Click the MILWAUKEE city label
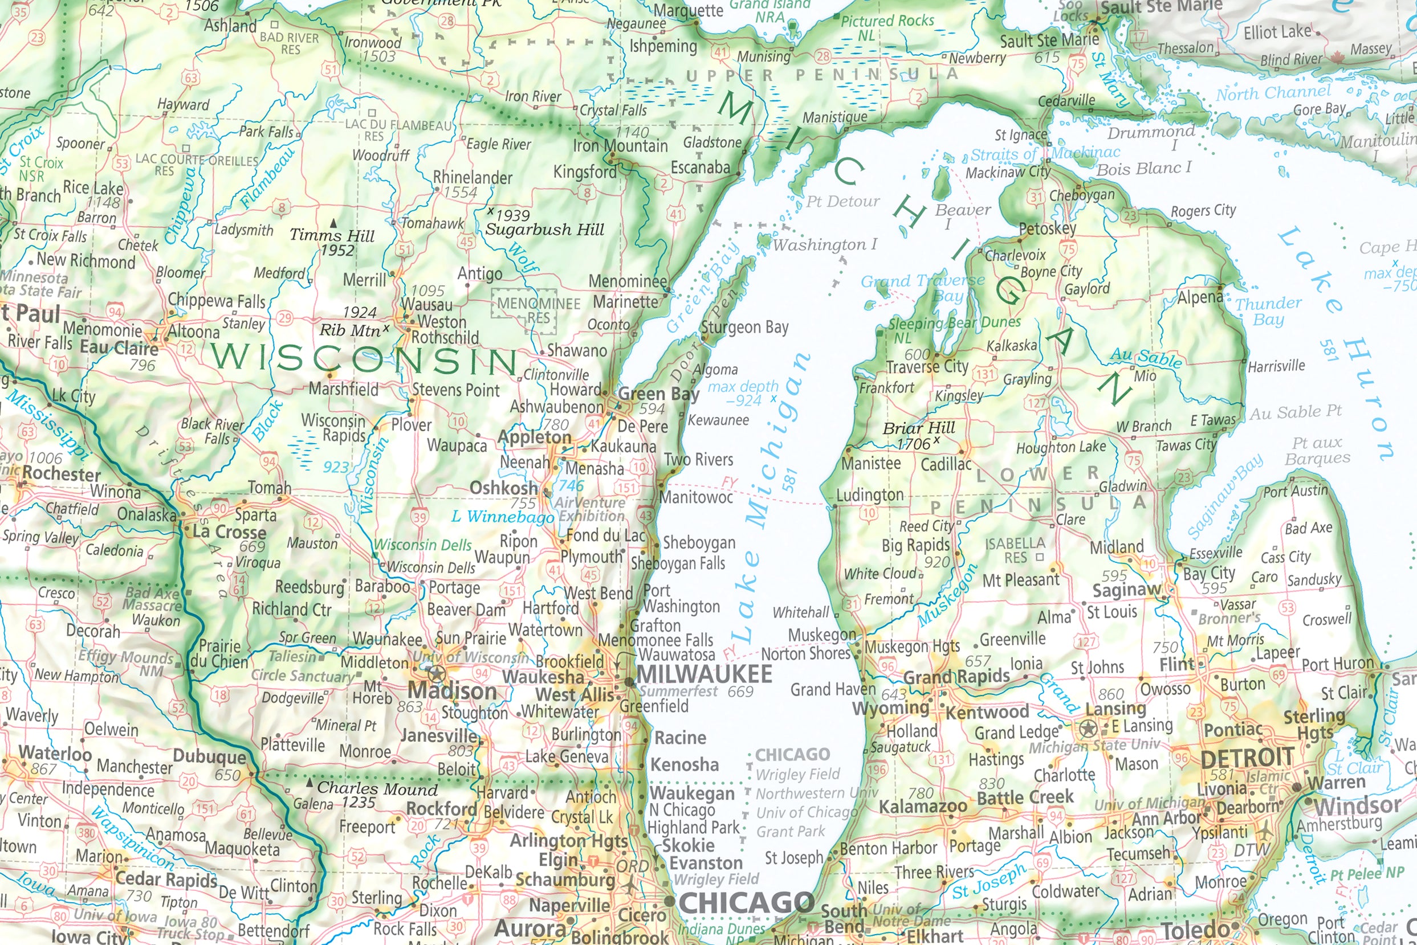tap(704, 673)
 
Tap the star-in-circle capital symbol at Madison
tap(436, 673)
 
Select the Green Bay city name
tap(658, 394)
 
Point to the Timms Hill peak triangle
tap(333, 223)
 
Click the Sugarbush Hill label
tap(544, 229)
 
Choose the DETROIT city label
tap(1247, 757)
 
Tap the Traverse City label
tap(927, 366)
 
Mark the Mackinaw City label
tap(1008, 173)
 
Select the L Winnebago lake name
tap(502, 517)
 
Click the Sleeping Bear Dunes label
tap(954, 322)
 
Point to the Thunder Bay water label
tap(1268, 310)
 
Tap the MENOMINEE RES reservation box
tap(524, 310)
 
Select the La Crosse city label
tap(229, 531)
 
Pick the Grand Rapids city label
tap(956, 676)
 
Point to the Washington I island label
tap(824, 245)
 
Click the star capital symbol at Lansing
tap(1088, 729)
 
